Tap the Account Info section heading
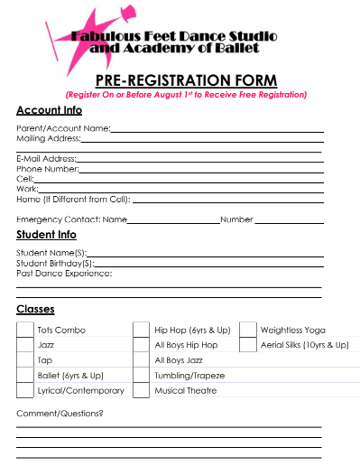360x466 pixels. pyautogui.click(x=49, y=110)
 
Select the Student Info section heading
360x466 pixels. pyautogui.click(x=46, y=235)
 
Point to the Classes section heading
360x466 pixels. pyautogui.click(x=35, y=310)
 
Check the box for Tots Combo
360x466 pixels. pyautogui.click(x=25, y=330)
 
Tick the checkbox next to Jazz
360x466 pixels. pyautogui.click(x=25, y=345)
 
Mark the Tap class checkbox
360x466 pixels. pyautogui.click(x=25, y=360)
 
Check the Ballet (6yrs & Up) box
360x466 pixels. pyautogui.click(x=25, y=376)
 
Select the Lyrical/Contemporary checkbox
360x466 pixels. pyautogui.click(x=25, y=391)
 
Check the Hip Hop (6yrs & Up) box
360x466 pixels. pyautogui.click(x=141, y=330)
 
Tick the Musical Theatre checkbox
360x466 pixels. pyautogui.click(x=141, y=391)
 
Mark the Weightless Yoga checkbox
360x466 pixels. pyautogui.click(x=248, y=330)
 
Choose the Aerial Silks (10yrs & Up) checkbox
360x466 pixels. pyautogui.click(x=248, y=345)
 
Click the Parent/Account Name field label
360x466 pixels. pyautogui.click(x=63, y=129)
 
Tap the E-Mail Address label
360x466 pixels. pyautogui.click(x=46, y=159)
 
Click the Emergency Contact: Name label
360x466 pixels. pyautogui.click(x=71, y=219)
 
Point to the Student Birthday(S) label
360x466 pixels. pyautogui.click(x=54, y=263)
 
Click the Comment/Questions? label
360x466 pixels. pyautogui.click(x=60, y=414)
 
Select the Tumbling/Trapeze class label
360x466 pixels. pyautogui.click(x=189, y=376)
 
